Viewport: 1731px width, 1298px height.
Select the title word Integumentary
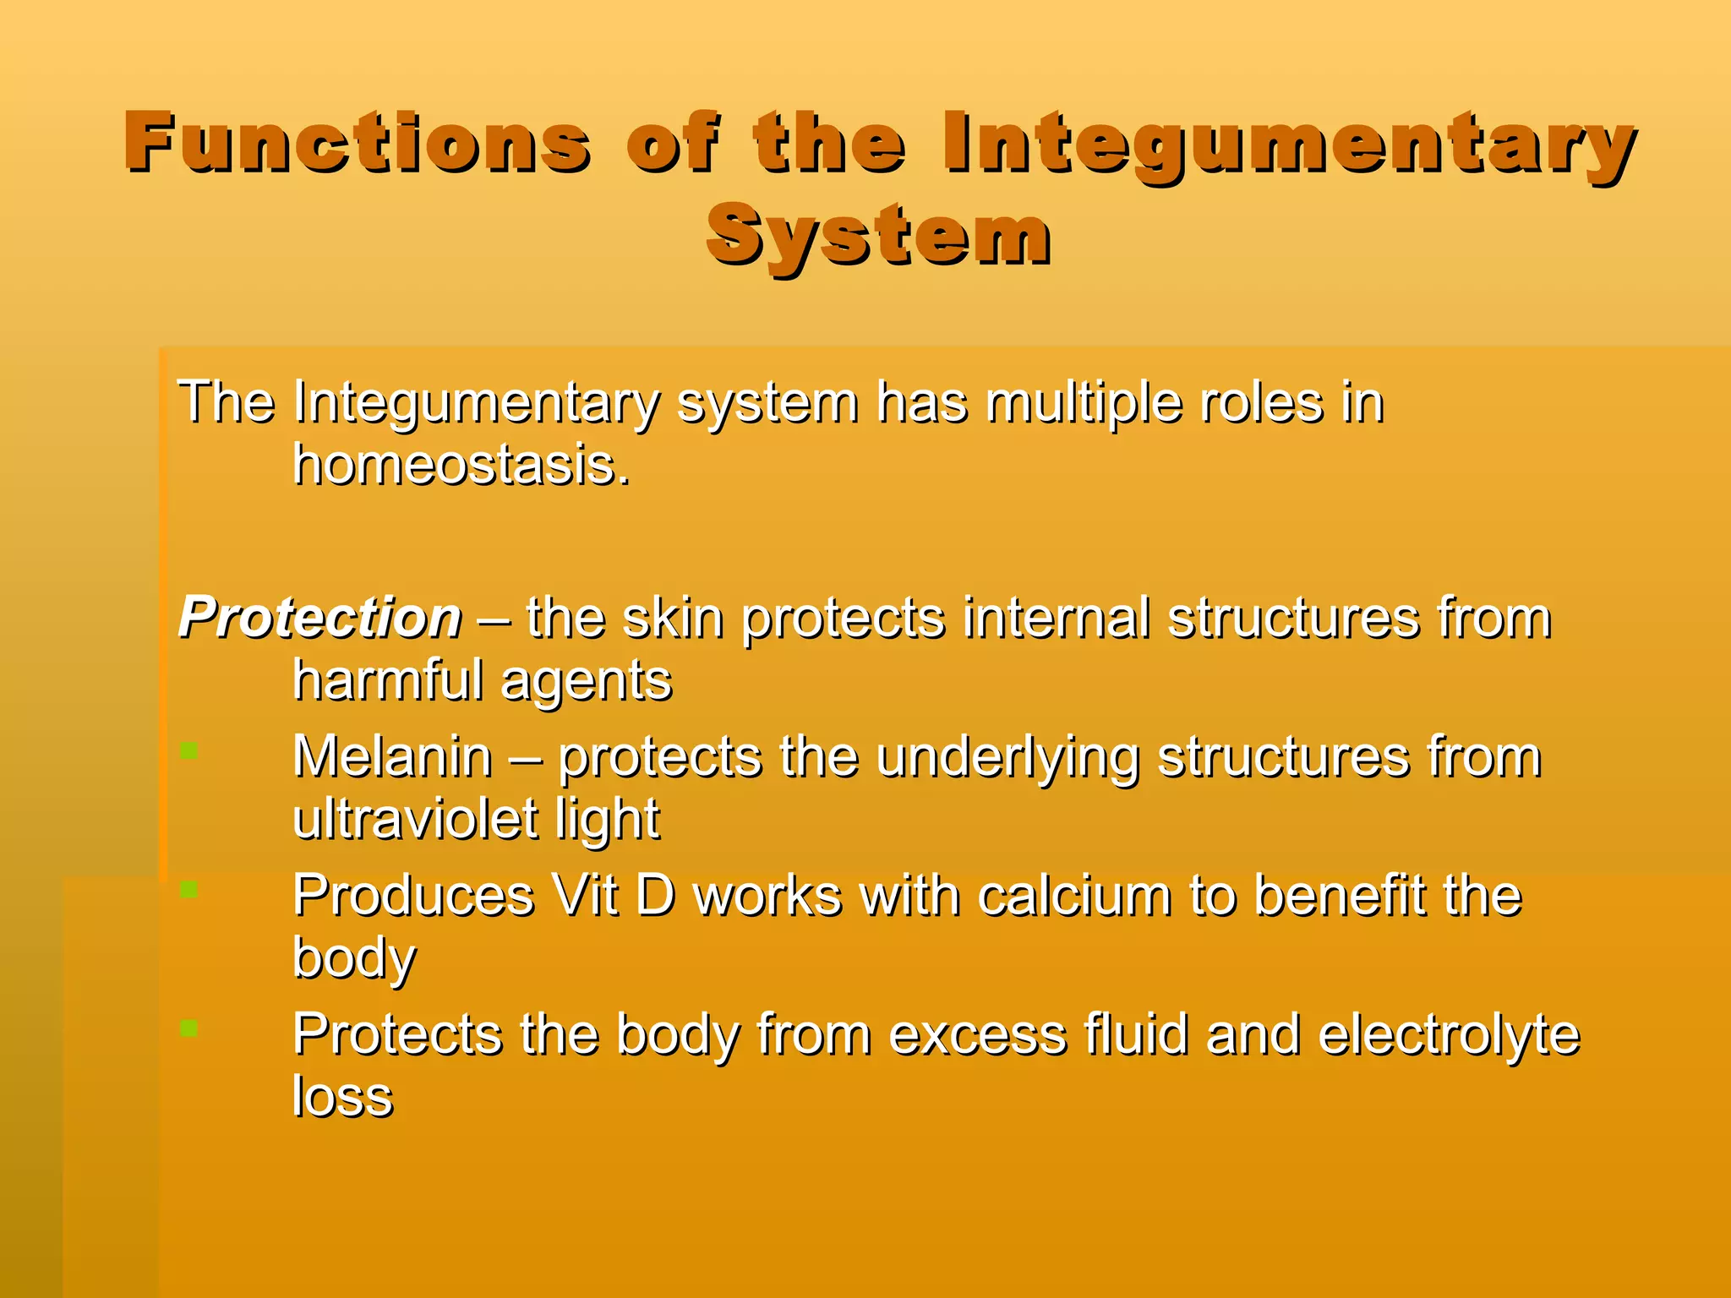pos(1289,144)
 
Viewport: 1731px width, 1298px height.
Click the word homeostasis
pos(461,466)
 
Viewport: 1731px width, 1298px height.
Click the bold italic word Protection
pos(320,618)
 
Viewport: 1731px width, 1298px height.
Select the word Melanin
pos(392,756)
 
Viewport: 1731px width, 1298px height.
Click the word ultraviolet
pos(415,819)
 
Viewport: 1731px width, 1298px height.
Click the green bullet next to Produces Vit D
pos(189,889)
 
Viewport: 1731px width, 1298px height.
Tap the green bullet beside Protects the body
pos(189,1028)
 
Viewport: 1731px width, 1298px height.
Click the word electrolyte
pos(1448,1035)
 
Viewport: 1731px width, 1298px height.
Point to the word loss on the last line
pos(342,1096)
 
